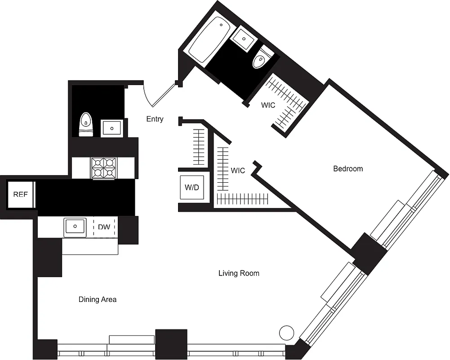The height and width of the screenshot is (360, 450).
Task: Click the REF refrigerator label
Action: point(20,194)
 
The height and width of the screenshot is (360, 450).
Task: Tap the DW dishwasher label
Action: point(104,227)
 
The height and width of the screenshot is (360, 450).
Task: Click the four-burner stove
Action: point(103,167)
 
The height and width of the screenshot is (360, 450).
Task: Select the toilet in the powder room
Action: point(86,124)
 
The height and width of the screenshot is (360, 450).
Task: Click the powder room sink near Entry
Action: point(111,128)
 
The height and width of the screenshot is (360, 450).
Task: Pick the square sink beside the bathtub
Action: point(244,38)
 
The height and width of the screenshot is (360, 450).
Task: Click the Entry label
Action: point(155,119)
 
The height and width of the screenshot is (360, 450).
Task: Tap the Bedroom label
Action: point(348,169)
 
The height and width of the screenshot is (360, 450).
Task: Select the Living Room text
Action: point(239,273)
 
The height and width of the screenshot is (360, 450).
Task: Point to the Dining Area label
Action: point(98,299)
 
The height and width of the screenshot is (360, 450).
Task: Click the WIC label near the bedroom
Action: point(268,105)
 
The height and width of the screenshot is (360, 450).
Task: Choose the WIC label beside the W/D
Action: point(238,171)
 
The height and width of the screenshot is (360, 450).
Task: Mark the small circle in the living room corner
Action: point(286,333)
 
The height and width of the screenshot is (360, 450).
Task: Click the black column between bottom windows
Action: point(171,344)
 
